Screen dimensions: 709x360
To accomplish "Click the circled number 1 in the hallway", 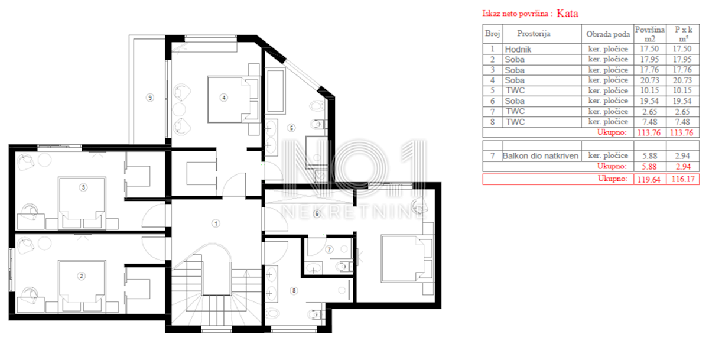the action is [216, 223].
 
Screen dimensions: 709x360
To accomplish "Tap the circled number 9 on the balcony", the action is [150, 98].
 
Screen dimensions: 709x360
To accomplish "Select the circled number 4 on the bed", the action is [224, 98].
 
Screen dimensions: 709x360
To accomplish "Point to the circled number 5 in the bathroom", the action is [291, 128].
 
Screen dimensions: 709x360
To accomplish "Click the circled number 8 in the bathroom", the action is [294, 291].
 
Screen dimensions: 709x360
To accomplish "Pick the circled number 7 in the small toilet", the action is [329, 249].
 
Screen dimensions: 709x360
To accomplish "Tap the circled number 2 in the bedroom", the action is [82, 276].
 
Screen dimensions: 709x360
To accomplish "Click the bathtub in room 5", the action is [275, 90].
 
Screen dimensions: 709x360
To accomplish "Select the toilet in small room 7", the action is [343, 267].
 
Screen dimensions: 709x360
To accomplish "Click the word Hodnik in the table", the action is [518, 50].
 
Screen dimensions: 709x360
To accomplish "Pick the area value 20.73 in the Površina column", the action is [649, 80].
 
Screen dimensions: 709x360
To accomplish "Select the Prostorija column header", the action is [534, 34].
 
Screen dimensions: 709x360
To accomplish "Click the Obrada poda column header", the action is [608, 34].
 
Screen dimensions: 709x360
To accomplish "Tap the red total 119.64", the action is [649, 180].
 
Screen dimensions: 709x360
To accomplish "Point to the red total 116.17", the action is [683, 179].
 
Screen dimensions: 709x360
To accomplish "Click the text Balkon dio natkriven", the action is [540, 156].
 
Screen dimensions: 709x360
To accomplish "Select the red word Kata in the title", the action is [567, 13].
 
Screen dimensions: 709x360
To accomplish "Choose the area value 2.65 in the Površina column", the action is [649, 112].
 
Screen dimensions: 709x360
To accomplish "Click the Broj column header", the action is [493, 34].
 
